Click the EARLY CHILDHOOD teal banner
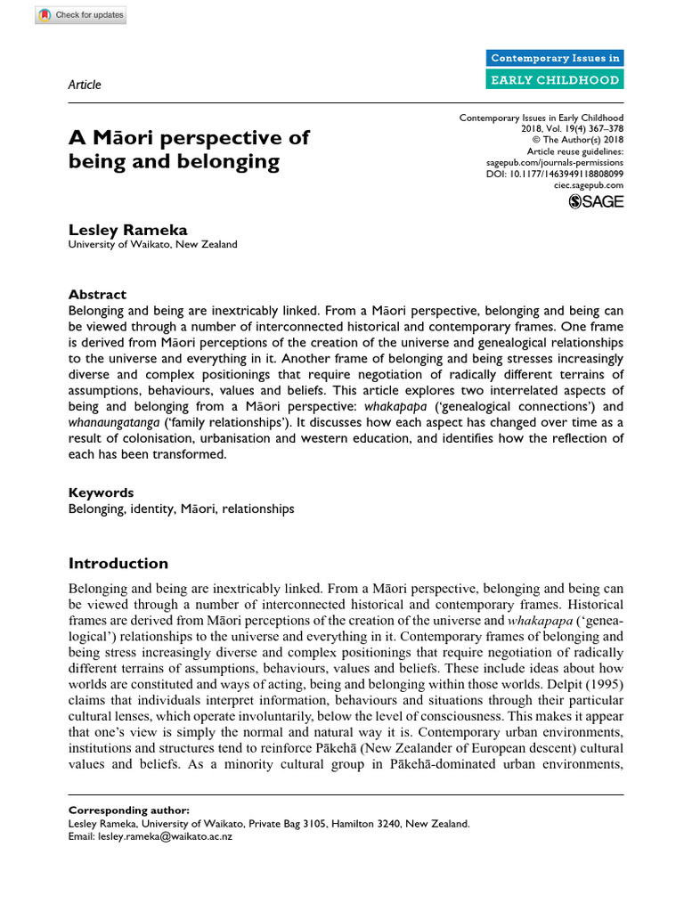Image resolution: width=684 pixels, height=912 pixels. click(x=556, y=79)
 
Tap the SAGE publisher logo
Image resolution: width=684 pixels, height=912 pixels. click(x=596, y=202)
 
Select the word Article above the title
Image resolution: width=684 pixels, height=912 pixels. click(x=85, y=85)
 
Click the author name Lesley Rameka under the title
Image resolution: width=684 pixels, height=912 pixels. click(x=118, y=230)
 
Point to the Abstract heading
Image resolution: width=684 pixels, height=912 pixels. click(x=97, y=295)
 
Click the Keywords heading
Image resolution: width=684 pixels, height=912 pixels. click(x=102, y=493)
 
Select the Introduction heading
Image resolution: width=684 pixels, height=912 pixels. click(x=118, y=564)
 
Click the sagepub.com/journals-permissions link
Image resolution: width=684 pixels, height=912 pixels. click(x=555, y=164)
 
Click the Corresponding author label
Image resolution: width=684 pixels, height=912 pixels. click(x=128, y=810)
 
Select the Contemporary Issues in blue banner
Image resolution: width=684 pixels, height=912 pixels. click(x=556, y=59)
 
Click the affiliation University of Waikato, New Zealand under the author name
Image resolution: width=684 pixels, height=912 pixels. click(x=153, y=245)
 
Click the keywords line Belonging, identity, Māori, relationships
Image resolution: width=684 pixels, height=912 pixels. click(x=181, y=509)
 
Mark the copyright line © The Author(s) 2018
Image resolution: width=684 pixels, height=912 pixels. click(x=578, y=140)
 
